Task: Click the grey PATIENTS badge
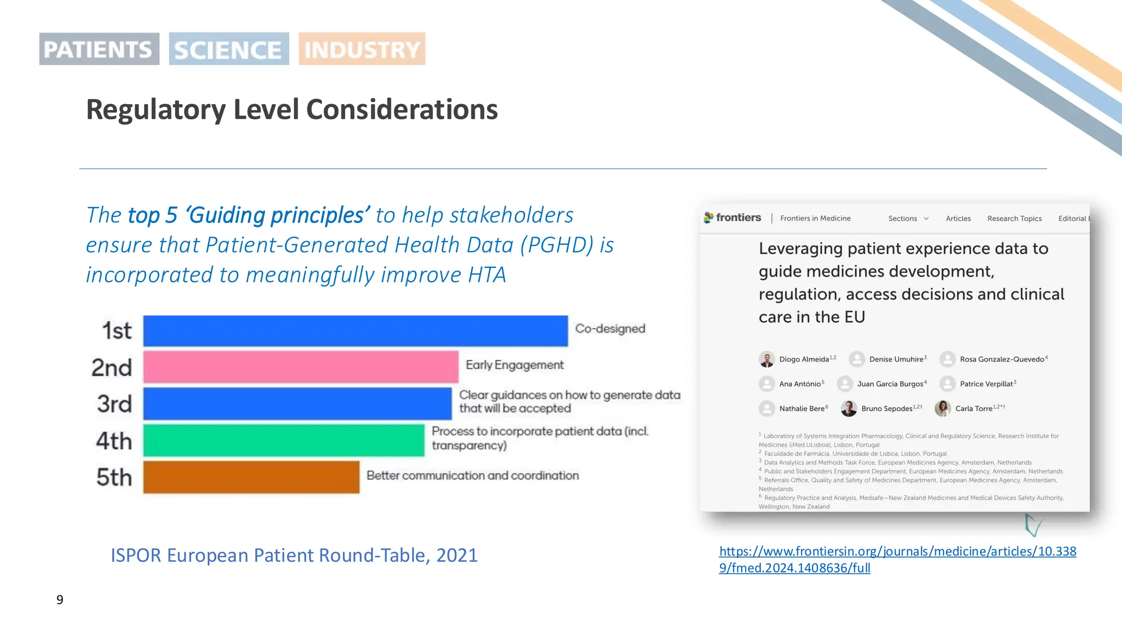(x=99, y=49)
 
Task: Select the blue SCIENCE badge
(x=228, y=49)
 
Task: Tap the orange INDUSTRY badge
(x=362, y=49)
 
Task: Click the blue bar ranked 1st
(x=355, y=331)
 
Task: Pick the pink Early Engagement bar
(x=300, y=367)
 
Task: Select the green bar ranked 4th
(x=283, y=440)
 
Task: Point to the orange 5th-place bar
(x=251, y=477)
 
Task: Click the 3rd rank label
(x=114, y=404)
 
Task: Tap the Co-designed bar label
(x=610, y=329)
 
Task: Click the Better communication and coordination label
(x=472, y=475)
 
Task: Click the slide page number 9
(x=60, y=600)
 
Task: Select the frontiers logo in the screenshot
(x=732, y=217)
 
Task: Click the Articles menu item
(x=958, y=219)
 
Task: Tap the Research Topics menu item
(x=1014, y=219)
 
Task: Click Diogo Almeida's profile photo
(x=766, y=359)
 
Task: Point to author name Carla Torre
(x=974, y=409)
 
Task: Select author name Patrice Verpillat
(x=986, y=384)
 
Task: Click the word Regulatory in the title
(x=156, y=110)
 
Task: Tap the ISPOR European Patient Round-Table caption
(x=294, y=555)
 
